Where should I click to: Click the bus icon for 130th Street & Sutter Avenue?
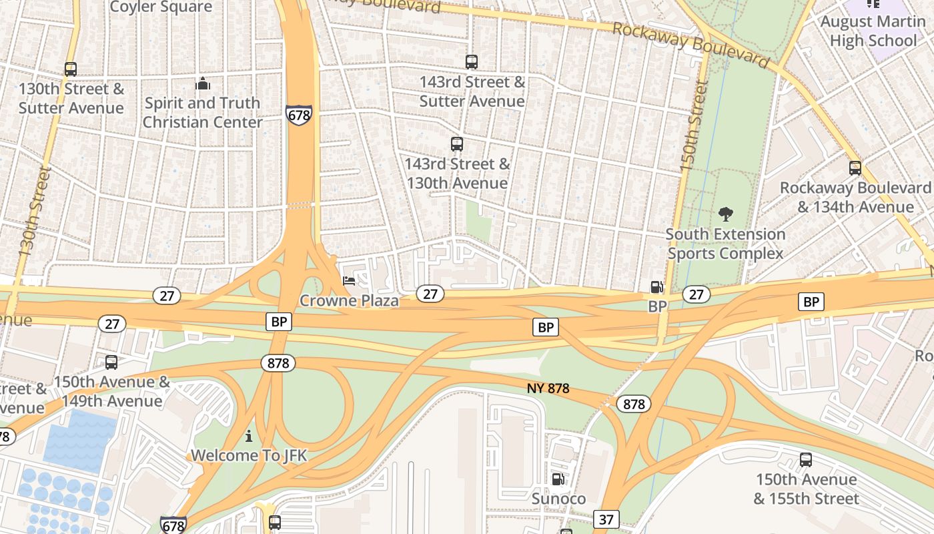[70, 69]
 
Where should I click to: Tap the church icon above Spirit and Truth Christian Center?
[202, 83]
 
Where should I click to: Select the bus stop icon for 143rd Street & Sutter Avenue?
[472, 62]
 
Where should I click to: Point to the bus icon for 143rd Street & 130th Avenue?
[457, 144]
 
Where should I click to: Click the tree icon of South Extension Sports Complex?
[726, 214]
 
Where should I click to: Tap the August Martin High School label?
[873, 31]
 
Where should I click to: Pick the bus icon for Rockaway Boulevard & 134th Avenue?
[855, 168]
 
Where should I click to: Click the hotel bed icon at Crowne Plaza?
[349, 281]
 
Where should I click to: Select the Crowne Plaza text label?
[349, 300]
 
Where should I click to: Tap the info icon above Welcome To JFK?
[249, 436]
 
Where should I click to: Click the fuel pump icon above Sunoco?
[558, 479]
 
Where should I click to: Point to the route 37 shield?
[606, 519]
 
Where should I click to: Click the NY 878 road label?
[548, 388]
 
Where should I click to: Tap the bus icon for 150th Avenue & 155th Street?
[806, 460]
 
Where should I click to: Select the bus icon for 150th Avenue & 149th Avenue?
[111, 362]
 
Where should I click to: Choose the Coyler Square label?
[161, 7]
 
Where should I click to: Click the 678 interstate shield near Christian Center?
[298, 115]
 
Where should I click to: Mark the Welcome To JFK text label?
[249, 455]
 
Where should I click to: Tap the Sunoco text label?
[558, 499]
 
